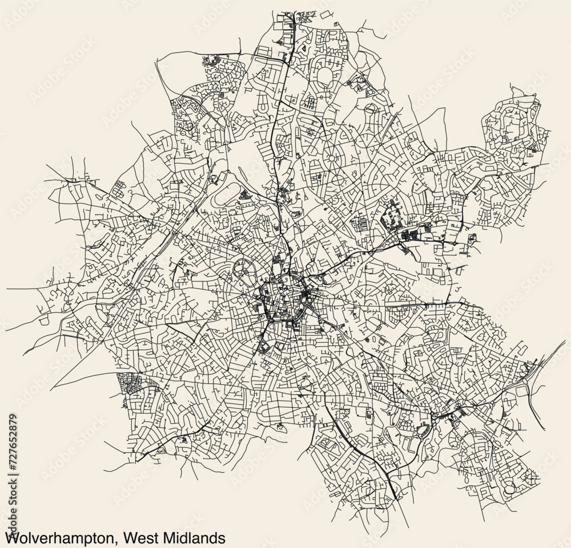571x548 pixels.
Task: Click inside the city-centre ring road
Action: [283, 294]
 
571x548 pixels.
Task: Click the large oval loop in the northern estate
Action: [326, 76]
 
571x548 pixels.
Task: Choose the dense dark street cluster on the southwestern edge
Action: [131, 383]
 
